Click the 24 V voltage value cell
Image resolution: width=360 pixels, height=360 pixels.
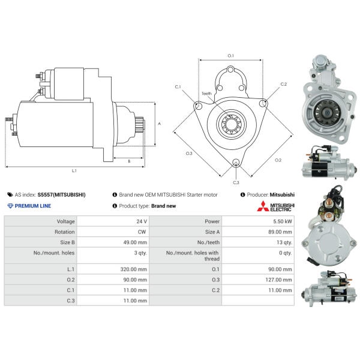tap(142, 221)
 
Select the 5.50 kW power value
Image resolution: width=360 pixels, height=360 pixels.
tap(283, 221)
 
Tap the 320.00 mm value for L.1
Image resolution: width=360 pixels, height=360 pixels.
tap(134, 269)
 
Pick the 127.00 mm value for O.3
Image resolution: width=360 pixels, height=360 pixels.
tap(278, 280)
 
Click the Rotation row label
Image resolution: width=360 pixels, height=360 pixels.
tap(65, 232)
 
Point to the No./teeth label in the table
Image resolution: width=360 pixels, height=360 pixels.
tap(208, 242)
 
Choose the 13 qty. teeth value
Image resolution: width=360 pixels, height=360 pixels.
tap(284, 242)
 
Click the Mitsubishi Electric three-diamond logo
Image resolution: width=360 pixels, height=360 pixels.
tap(263, 206)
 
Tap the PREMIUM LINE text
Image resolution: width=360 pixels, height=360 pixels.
tap(33, 206)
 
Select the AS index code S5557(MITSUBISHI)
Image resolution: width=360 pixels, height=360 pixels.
tap(62, 194)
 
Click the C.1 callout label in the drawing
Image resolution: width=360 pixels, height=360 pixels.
tap(178, 87)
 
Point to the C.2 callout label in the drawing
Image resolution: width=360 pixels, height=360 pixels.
tap(284, 84)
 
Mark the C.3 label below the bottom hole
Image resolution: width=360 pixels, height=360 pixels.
tap(236, 182)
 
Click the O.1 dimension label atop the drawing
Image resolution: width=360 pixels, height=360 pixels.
tap(231, 56)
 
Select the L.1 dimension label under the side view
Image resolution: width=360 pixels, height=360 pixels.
tap(74, 170)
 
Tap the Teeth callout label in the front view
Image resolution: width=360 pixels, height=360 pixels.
tap(206, 94)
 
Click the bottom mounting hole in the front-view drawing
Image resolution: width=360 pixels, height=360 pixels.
tap(236, 163)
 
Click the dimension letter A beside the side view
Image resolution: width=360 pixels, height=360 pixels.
tap(160, 124)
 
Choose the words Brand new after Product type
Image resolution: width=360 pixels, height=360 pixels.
tap(164, 206)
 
